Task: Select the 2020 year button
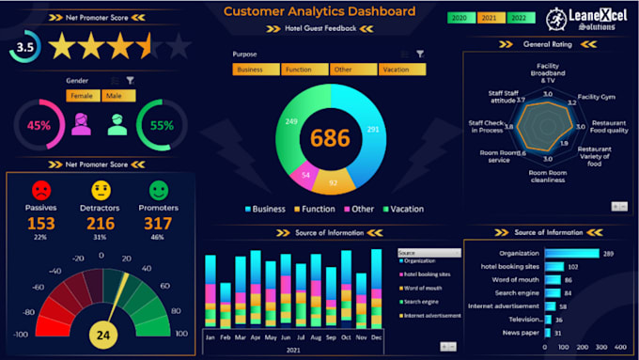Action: click(x=460, y=18)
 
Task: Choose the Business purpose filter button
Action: click(x=256, y=70)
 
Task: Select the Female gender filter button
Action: click(x=83, y=96)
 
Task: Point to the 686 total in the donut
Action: click(x=330, y=138)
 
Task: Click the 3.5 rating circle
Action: click(x=25, y=46)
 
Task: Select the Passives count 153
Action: click(x=41, y=223)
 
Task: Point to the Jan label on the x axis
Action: click(x=210, y=336)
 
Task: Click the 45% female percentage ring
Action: click(x=38, y=125)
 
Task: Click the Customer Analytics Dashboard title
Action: click(x=319, y=11)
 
